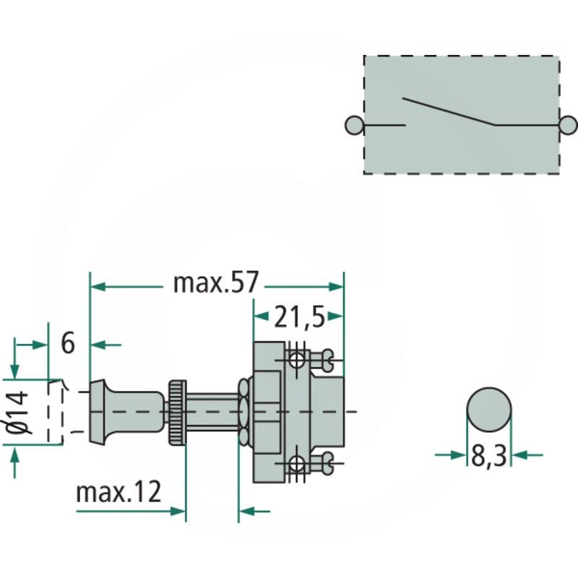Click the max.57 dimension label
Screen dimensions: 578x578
215,282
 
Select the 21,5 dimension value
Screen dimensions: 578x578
298,316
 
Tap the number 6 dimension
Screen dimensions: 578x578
68,343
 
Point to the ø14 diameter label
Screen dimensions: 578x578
20,412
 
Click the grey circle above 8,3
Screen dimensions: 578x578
489,409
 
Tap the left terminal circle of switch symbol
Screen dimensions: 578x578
355,125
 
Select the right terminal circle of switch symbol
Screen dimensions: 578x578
569,125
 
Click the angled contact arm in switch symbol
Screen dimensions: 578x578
448,111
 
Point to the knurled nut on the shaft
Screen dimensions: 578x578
177,412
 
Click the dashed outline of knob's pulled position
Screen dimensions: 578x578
58,411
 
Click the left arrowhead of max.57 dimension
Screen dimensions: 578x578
96,287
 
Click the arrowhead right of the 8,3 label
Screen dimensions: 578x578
518,454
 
